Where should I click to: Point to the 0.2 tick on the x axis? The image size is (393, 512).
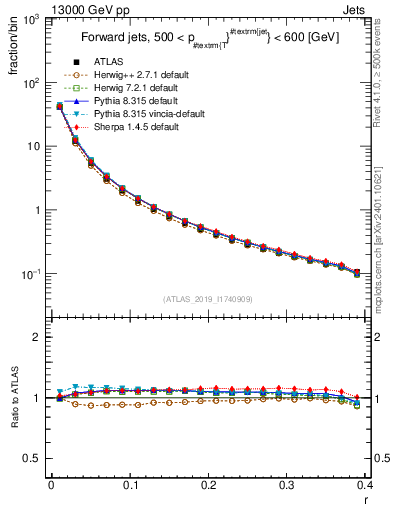click(x=208, y=485)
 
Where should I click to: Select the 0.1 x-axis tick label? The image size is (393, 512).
click(x=130, y=485)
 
